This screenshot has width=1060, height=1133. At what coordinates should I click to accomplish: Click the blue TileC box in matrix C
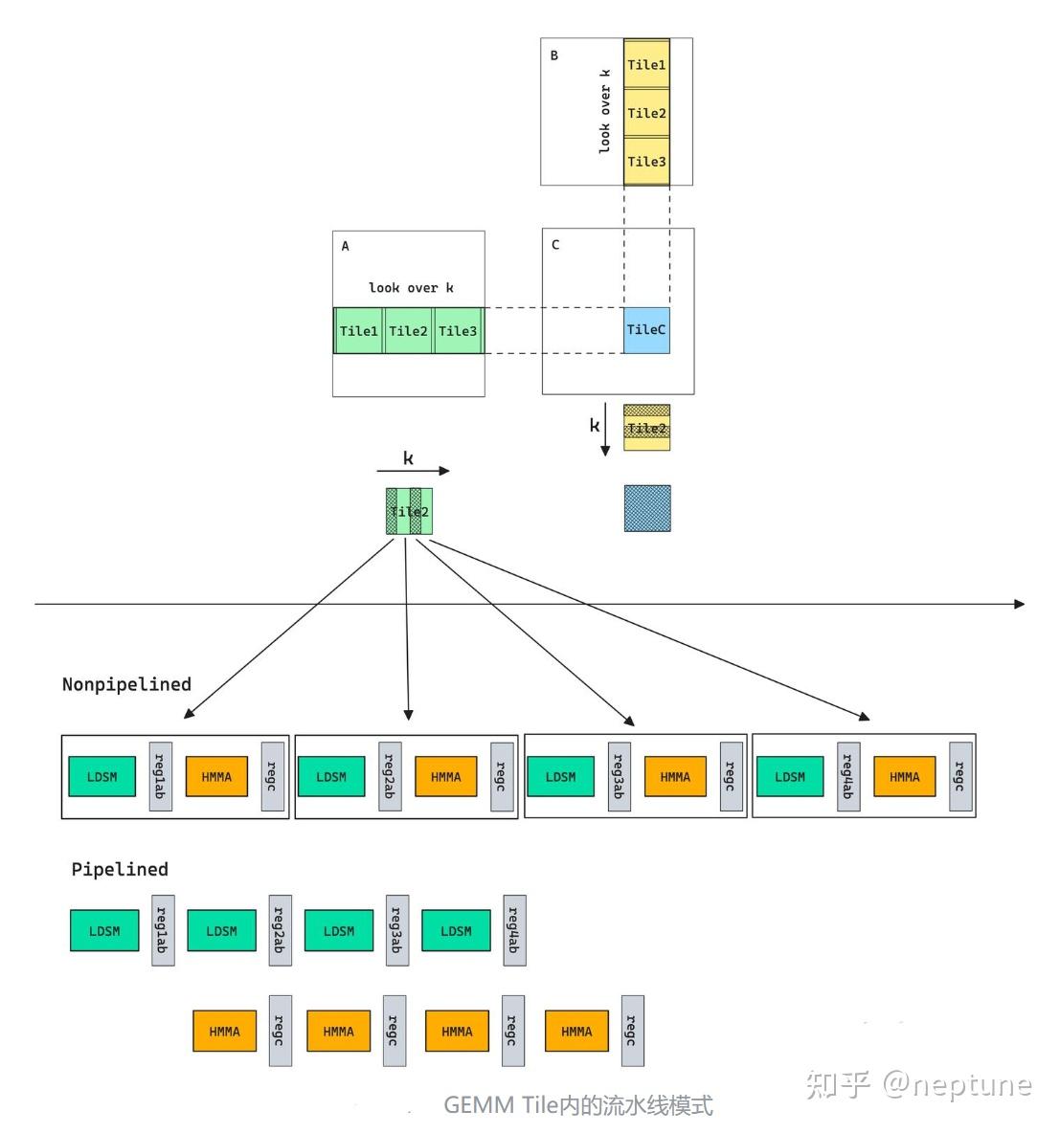tap(646, 330)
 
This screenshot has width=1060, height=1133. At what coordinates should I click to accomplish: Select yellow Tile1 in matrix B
tap(646, 65)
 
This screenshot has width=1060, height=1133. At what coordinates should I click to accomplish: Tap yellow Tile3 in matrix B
tap(646, 161)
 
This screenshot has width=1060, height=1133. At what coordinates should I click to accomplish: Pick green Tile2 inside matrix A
tap(408, 331)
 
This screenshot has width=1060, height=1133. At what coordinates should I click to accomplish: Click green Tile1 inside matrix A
tap(358, 331)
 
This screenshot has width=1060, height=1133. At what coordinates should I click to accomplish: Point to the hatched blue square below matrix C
tap(647, 508)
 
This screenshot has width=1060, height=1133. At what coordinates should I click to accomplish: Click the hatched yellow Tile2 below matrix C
tap(646, 428)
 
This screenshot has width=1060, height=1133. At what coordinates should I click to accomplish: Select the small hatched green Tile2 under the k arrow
tap(409, 512)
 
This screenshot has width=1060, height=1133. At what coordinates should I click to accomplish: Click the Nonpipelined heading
tap(126, 684)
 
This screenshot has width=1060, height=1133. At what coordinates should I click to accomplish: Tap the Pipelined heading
tap(120, 869)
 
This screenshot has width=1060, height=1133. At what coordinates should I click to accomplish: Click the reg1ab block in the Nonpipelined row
tap(160, 776)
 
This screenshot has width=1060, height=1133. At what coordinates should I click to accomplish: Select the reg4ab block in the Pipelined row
tap(513, 930)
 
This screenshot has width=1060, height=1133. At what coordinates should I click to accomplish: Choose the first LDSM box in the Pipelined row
tap(104, 930)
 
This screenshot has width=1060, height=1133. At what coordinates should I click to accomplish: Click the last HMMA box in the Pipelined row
tap(576, 1032)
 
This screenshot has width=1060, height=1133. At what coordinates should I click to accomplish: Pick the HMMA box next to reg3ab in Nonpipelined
tap(675, 776)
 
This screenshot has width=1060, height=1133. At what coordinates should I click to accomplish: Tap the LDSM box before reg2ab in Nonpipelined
tap(331, 776)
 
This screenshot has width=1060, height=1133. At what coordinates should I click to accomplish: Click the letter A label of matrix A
tap(346, 246)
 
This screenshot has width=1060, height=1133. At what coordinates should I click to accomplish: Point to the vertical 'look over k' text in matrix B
tap(604, 111)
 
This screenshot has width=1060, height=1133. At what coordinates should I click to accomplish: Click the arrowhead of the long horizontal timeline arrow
tap(1019, 604)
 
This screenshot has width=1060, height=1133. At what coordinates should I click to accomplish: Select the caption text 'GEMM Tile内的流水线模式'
tap(578, 1105)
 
